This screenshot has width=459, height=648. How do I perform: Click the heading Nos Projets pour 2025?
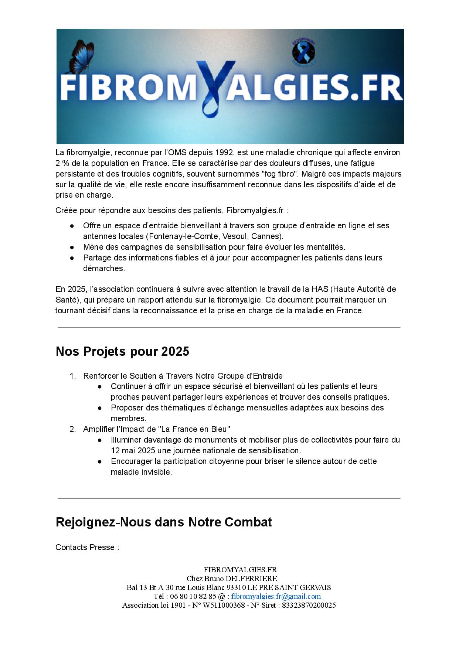[122, 351]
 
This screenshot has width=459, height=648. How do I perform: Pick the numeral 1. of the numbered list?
[73, 376]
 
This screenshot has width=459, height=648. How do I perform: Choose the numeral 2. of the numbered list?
[73, 429]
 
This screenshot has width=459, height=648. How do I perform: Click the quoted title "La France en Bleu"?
[194, 429]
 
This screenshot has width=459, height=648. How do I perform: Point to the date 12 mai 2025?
[133, 450]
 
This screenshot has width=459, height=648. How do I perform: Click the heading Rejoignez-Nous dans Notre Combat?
[164, 522]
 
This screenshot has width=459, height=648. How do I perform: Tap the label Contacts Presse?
[87, 547]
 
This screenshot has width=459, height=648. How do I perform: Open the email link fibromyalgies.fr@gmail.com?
[276, 596]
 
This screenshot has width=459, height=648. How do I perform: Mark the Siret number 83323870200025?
[309, 605]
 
